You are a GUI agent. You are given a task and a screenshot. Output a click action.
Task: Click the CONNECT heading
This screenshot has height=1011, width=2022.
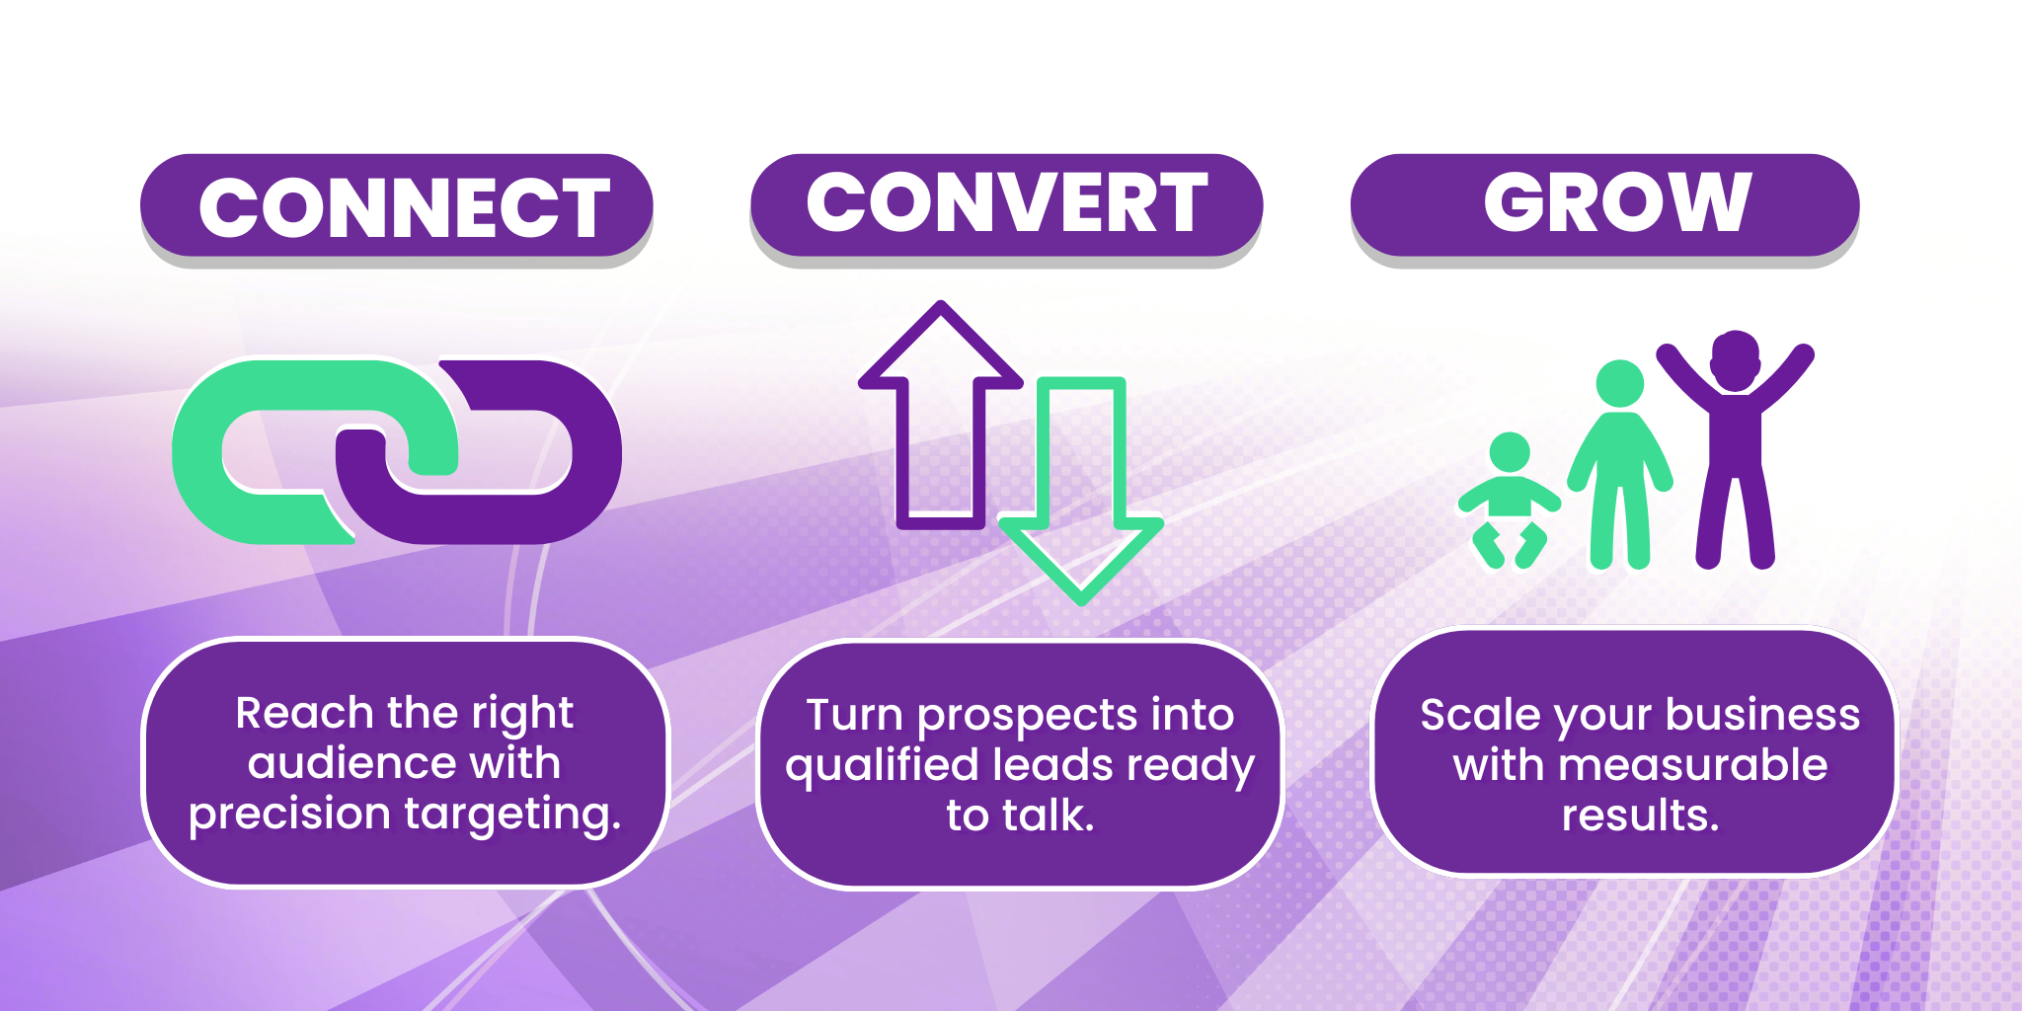coord(404,207)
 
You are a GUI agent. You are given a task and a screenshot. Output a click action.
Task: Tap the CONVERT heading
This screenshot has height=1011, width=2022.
coord(1007,202)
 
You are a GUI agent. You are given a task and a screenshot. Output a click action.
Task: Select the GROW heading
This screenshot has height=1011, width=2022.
coord(1617,202)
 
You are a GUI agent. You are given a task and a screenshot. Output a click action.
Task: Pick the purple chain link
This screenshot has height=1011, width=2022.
coord(592,454)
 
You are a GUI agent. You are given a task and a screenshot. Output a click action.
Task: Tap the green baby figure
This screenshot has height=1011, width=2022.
coord(1509,502)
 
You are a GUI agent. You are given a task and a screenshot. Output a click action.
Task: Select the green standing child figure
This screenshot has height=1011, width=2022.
coord(1620,464)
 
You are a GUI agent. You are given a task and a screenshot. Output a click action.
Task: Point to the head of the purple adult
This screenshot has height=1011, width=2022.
coord(1735,361)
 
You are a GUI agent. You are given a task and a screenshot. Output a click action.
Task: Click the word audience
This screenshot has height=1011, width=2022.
coord(351,763)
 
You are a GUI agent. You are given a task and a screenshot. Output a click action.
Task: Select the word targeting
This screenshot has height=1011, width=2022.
coord(513,816)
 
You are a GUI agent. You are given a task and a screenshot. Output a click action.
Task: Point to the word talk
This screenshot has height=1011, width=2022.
coord(1049,816)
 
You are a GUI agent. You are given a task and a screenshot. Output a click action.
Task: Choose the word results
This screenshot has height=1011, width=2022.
coord(1640,816)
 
